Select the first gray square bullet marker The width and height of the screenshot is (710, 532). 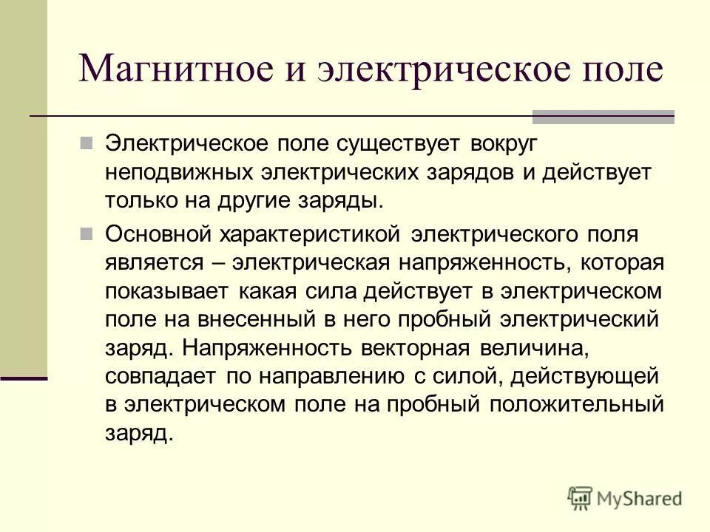(86, 141)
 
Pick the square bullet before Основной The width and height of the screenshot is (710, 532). (86, 233)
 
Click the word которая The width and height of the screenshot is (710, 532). (622, 264)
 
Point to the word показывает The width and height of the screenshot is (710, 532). (168, 292)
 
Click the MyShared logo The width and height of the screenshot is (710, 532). (625, 497)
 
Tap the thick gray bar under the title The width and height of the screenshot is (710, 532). (603, 116)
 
